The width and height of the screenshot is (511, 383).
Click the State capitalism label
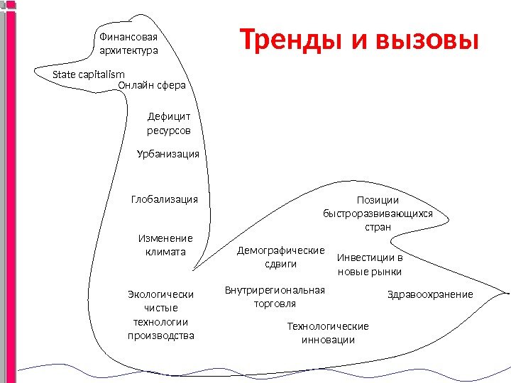(89, 74)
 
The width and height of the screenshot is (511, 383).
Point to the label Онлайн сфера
(151, 85)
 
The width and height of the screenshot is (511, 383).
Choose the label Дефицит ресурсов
(169, 123)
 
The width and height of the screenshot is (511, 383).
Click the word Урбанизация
(168, 154)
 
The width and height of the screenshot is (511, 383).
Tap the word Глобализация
(165, 200)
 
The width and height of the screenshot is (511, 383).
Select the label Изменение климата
(165, 245)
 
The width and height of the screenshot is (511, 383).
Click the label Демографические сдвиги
(280, 257)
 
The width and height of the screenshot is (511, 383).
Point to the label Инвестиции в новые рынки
(369, 264)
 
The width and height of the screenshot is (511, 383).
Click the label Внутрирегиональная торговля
(275, 296)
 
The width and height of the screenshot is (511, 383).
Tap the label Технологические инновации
(328, 333)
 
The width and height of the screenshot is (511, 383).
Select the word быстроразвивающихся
(378, 213)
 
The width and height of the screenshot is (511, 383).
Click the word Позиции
(378, 200)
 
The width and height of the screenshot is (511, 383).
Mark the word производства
(160, 335)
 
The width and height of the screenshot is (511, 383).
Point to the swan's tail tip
(507, 292)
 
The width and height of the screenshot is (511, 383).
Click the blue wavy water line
(255, 370)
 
